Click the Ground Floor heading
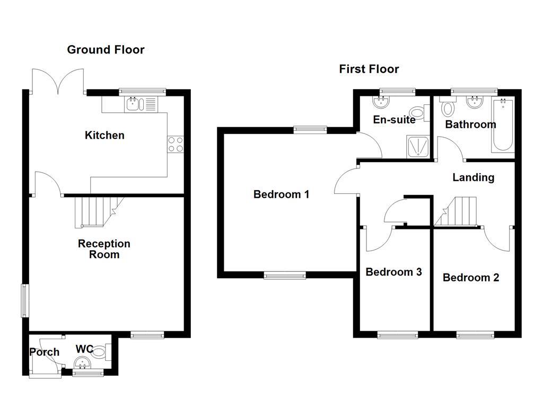pos(106,50)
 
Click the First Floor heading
pos(369,69)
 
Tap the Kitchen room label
pos(104,135)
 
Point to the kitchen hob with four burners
pos(176,144)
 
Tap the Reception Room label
pos(104,249)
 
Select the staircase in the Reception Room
pos(95,210)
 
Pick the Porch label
pos(45,352)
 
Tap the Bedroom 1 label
pos(281,194)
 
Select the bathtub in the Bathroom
pos(502,125)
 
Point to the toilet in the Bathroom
pos(448,108)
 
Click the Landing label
pos(473,178)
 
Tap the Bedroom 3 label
pos(393,272)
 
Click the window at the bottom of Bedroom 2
pos(475,334)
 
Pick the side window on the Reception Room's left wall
pos(24,301)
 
